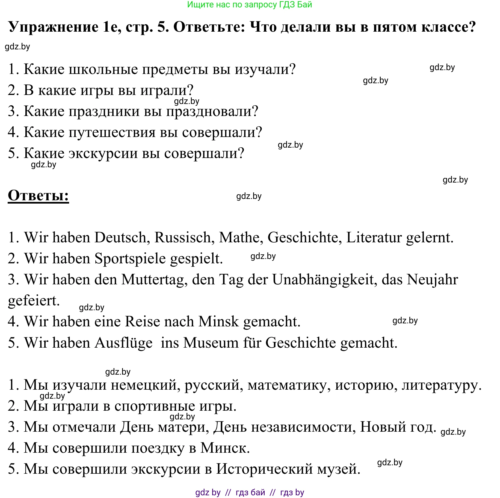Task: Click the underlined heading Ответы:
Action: (38, 196)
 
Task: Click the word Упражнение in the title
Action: (54, 27)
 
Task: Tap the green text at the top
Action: (249, 5)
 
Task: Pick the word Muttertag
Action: (154, 279)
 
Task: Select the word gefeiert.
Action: (34, 300)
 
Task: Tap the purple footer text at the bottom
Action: (250, 492)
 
